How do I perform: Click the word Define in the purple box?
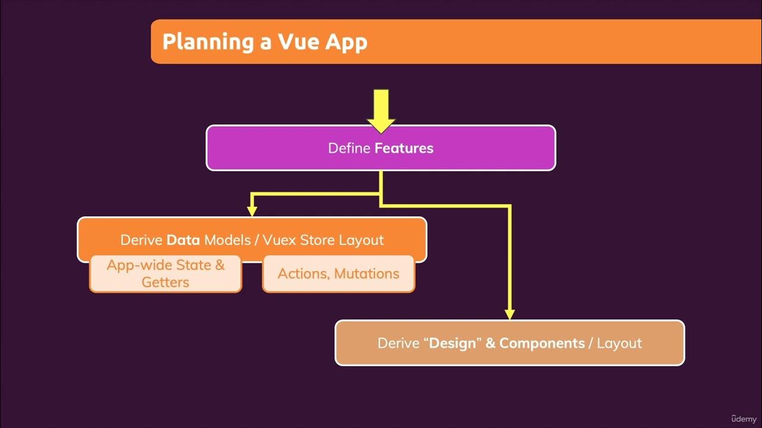pyautogui.click(x=349, y=148)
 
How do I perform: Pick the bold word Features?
pyautogui.click(x=404, y=148)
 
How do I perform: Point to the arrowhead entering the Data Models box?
pyautogui.click(x=252, y=210)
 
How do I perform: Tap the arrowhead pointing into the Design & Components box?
pyautogui.click(x=510, y=313)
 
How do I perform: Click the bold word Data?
pyautogui.click(x=183, y=240)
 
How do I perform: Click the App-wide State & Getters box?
pyautogui.click(x=165, y=274)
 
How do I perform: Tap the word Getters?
pyautogui.click(x=165, y=282)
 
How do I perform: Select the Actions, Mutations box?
pyautogui.click(x=338, y=274)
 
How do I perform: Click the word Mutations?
pyautogui.click(x=367, y=274)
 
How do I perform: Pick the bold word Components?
pyautogui.click(x=542, y=343)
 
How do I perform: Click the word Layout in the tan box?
pyautogui.click(x=619, y=343)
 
